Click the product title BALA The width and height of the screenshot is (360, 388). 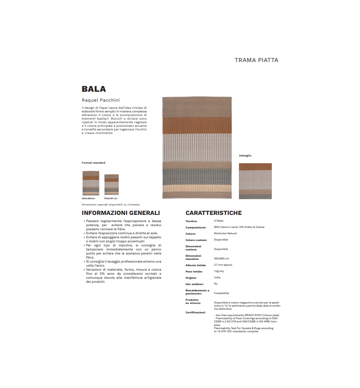[x=94, y=89]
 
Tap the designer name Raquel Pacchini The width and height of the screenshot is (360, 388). [x=101, y=100]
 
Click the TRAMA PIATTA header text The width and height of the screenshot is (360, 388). [x=256, y=60]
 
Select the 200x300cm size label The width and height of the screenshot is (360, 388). [x=88, y=198]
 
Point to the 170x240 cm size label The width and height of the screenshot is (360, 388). [x=110, y=198]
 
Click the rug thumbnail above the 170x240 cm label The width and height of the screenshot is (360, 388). [x=111, y=184]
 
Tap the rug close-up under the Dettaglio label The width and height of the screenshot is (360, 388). [x=255, y=181]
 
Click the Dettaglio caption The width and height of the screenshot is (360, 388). [x=245, y=156]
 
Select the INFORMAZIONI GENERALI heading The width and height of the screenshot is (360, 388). [x=121, y=213]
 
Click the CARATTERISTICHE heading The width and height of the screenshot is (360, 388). [x=213, y=213]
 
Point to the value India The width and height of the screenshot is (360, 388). [x=217, y=278]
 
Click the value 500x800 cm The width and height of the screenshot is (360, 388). [x=221, y=259]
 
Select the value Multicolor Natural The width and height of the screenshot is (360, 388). [x=225, y=233]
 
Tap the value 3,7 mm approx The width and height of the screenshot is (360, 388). [x=223, y=265]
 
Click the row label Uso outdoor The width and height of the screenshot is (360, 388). [x=194, y=284]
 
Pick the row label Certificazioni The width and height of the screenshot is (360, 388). [x=196, y=312]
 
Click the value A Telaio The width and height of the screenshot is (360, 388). [x=218, y=221]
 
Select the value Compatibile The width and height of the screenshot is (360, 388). [x=221, y=293]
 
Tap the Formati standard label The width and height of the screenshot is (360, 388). [x=93, y=163]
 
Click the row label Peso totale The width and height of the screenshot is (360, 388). [x=194, y=272]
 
